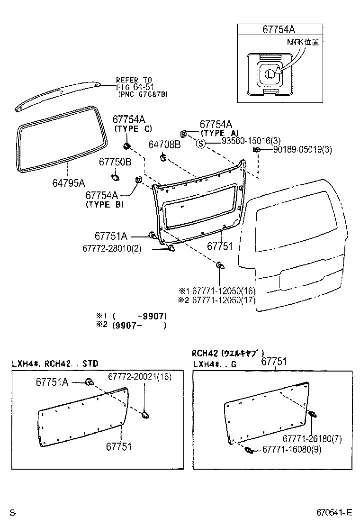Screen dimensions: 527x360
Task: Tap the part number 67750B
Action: click(x=115, y=162)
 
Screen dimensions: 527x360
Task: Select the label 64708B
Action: click(x=164, y=144)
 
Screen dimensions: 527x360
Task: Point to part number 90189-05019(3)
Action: click(x=302, y=150)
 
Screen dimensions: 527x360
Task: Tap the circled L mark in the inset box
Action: click(x=269, y=73)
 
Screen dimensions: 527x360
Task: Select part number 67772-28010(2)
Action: click(x=112, y=249)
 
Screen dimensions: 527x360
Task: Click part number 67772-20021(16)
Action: click(x=139, y=376)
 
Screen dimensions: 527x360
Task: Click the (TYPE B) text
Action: click(x=105, y=205)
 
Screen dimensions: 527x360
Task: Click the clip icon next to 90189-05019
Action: click(x=256, y=150)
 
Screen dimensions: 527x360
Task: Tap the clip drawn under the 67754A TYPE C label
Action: click(x=126, y=145)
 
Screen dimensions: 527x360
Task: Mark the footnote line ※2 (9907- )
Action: click(x=132, y=326)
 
